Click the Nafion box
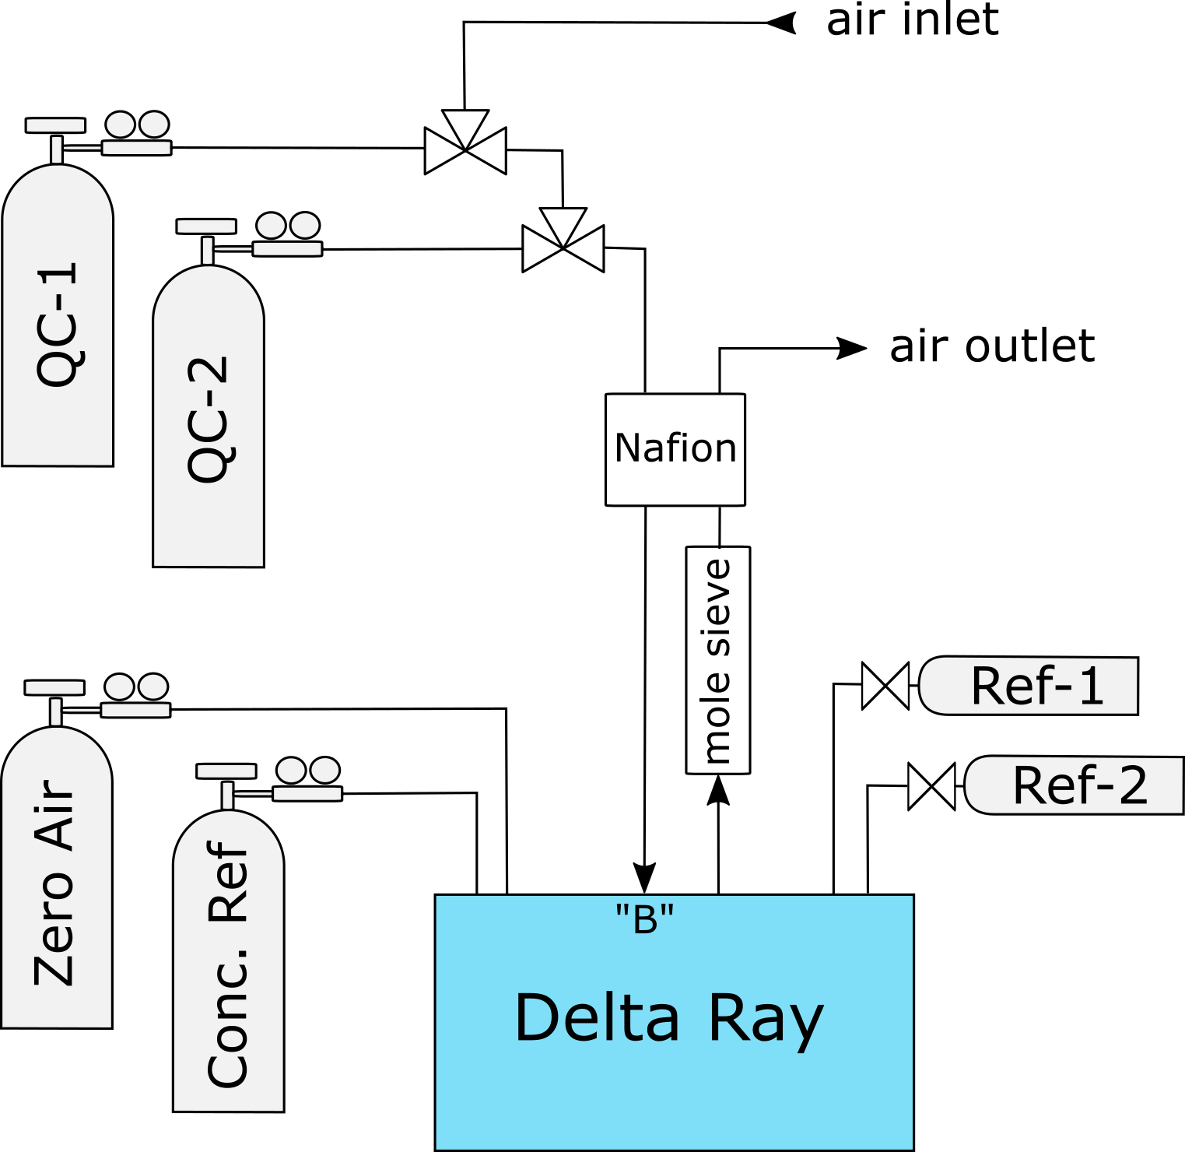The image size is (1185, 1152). [x=675, y=449]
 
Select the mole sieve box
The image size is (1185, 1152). [x=717, y=660]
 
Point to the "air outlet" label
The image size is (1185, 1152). [x=992, y=346]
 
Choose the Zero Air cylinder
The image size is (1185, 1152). [x=57, y=880]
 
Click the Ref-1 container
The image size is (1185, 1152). [x=1029, y=686]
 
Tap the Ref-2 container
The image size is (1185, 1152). [x=1075, y=785]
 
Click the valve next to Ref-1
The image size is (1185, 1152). [x=885, y=686]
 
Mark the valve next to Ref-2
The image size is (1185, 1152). [x=931, y=787]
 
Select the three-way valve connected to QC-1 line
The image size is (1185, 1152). [x=465, y=146]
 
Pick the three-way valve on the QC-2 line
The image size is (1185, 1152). [x=563, y=244]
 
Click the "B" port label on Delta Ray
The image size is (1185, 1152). [x=644, y=919]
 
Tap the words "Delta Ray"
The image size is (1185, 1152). [x=669, y=1018]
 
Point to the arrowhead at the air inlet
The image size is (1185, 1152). [x=781, y=23]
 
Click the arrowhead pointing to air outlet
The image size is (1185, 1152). [x=851, y=349]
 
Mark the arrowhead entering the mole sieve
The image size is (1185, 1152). [x=718, y=790]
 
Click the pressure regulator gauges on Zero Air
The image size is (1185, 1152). [x=136, y=687]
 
